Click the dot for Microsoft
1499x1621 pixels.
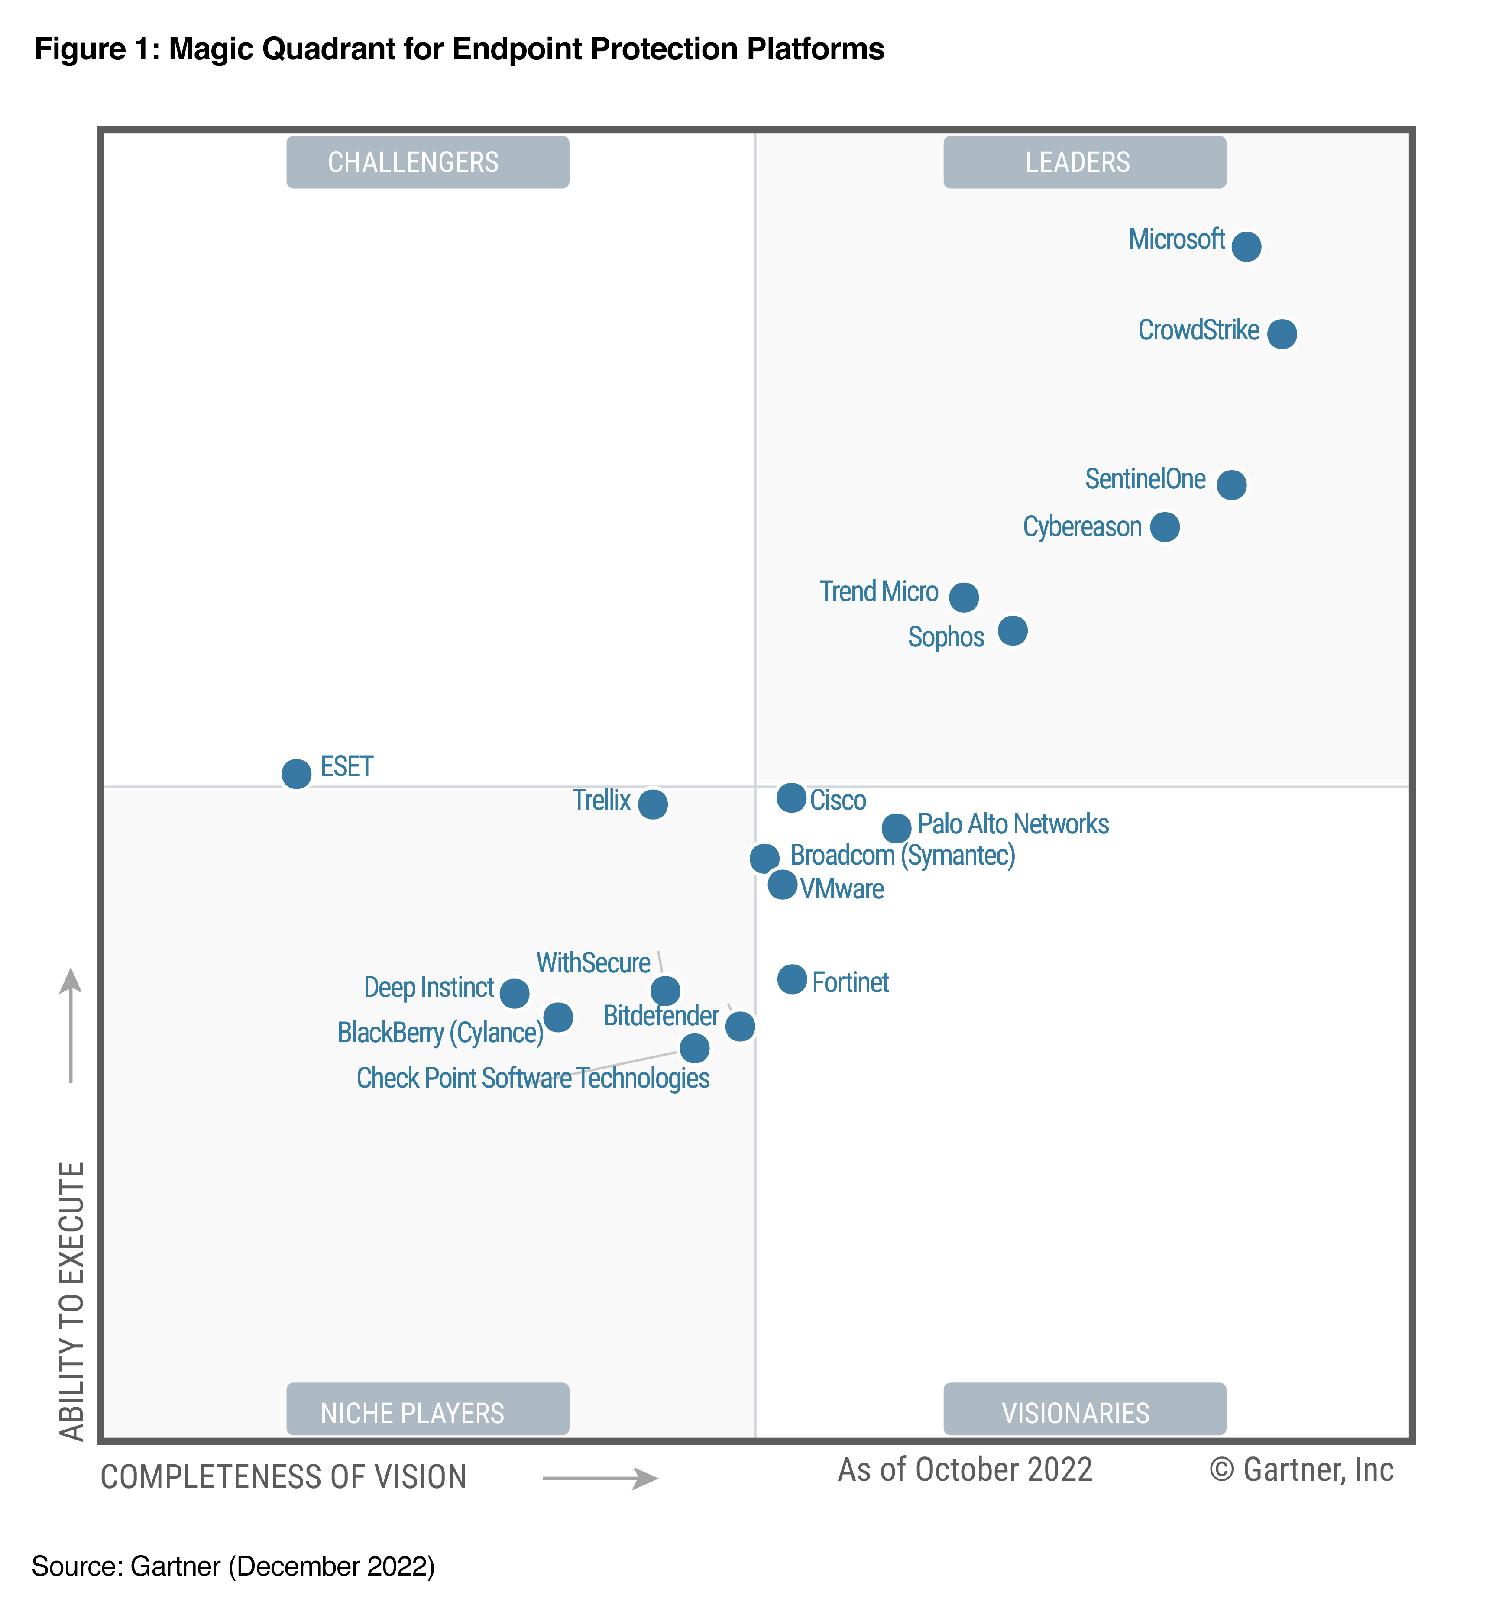click(x=1246, y=245)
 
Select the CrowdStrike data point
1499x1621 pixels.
click(x=1282, y=333)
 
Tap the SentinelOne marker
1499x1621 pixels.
click(x=1231, y=485)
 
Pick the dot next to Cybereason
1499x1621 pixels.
click(x=1165, y=527)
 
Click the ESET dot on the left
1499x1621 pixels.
click(x=296, y=774)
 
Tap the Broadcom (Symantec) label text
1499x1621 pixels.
click(x=902, y=856)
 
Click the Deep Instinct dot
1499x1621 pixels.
click(x=514, y=992)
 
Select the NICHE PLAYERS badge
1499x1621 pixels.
click(x=427, y=1413)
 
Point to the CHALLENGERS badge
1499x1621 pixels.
click(x=427, y=162)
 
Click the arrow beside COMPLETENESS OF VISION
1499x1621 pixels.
click(x=600, y=1478)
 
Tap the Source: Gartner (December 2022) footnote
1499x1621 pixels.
click(x=233, y=1566)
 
